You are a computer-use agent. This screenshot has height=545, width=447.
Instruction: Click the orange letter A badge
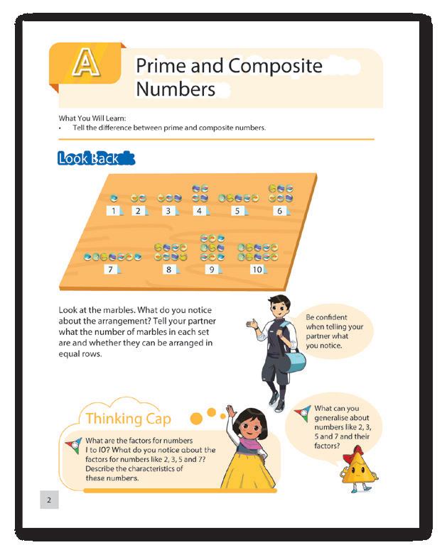pyautogui.click(x=85, y=63)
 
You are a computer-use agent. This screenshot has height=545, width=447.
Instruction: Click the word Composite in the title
pyautogui.click(x=277, y=66)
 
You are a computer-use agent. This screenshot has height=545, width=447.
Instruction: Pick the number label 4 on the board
pyautogui.click(x=200, y=211)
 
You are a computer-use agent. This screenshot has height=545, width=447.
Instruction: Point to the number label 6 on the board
pyautogui.click(x=280, y=211)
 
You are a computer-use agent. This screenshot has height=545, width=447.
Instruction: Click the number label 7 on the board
pyautogui.click(x=109, y=269)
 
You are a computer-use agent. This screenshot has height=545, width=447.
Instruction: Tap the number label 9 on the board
pyautogui.click(x=211, y=270)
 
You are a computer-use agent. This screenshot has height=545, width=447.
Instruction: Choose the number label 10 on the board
pyautogui.click(x=257, y=270)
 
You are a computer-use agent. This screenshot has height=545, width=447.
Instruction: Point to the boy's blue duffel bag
pyautogui.click(x=293, y=359)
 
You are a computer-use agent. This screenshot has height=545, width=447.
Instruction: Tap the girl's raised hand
pyautogui.click(x=230, y=412)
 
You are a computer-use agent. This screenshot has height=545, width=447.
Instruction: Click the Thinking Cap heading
pyautogui.click(x=127, y=419)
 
